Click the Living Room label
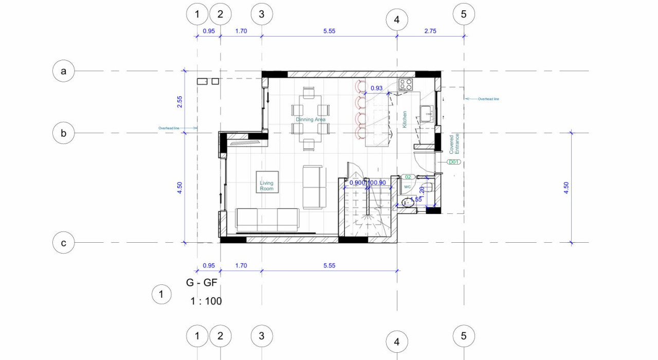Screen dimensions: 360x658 click(x=266, y=186)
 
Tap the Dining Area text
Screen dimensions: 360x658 click(x=310, y=119)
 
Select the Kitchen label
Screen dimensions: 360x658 click(x=405, y=119)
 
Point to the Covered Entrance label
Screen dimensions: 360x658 click(x=454, y=145)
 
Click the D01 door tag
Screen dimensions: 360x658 click(x=453, y=162)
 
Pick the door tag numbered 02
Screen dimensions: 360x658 click(x=407, y=177)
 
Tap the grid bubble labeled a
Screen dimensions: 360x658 click(x=64, y=71)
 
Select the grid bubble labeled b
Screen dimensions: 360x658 click(x=64, y=133)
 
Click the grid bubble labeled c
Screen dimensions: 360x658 click(x=64, y=243)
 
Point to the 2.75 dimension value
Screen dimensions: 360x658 click(x=430, y=31)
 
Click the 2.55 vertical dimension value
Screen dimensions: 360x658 click(x=179, y=102)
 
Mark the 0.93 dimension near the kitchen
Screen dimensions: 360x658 click(x=376, y=88)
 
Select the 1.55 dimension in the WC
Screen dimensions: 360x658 click(x=415, y=199)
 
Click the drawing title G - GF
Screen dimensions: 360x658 click(x=202, y=282)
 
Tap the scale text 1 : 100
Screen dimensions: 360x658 click(x=206, y=301)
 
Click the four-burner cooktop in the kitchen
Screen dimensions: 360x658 click(x=405, y=84)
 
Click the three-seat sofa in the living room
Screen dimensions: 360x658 click(x=267, y=220)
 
